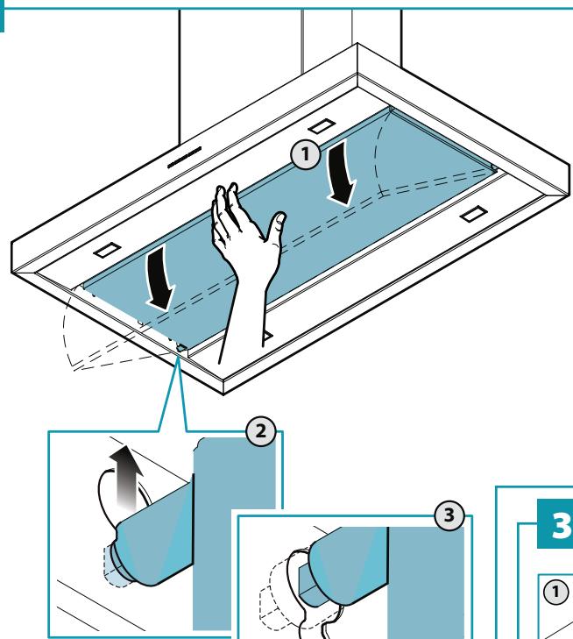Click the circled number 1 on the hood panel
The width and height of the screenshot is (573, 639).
[306, 154]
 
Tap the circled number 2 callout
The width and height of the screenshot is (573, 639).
[261, 431]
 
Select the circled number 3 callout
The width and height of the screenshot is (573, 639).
[449, 515]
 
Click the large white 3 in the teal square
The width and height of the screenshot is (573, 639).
[562, 525]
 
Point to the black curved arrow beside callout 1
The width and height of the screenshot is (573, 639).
[342, 173]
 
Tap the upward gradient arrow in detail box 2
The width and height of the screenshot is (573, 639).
[126, 478]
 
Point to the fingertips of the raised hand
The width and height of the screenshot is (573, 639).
[226, 192]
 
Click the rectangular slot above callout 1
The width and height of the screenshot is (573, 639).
[322, 126]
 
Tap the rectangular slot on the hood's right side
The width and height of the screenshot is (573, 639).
[474, 214]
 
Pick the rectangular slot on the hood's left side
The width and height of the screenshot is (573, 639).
[108, 250]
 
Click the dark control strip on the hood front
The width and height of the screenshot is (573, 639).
[185, 157]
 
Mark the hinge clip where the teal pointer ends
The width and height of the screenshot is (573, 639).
[180, 348]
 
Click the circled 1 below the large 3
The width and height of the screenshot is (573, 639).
[555, 592]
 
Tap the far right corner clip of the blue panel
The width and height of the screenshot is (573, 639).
[493, 168]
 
